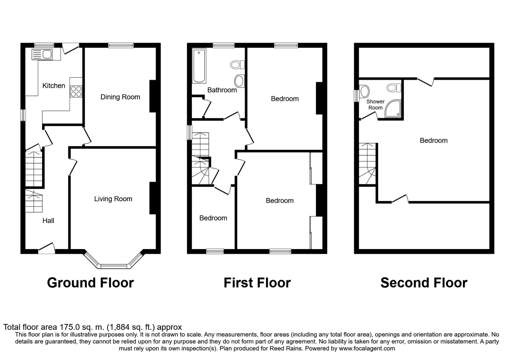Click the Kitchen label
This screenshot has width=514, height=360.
tap(54, 85)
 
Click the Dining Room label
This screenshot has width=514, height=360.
tap(120, 97)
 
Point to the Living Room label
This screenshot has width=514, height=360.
tap(113, 199)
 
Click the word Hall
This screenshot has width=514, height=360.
tap(48, 221)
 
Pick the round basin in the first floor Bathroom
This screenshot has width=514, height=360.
tap(239, 81)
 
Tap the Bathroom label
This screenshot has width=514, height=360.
tap(222, 90)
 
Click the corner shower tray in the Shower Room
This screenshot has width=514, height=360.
tap(394, 109)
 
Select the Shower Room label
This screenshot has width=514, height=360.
tap(375, 104)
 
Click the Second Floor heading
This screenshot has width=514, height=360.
tap(424, 283)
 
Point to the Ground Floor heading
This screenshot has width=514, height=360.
tap(90, 283)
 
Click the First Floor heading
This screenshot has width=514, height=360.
tap(257, 283)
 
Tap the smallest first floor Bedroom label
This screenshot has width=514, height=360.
tap(213, 218)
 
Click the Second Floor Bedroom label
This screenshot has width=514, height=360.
tap(433, 140)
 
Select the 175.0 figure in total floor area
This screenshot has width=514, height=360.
tap(67, 327)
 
